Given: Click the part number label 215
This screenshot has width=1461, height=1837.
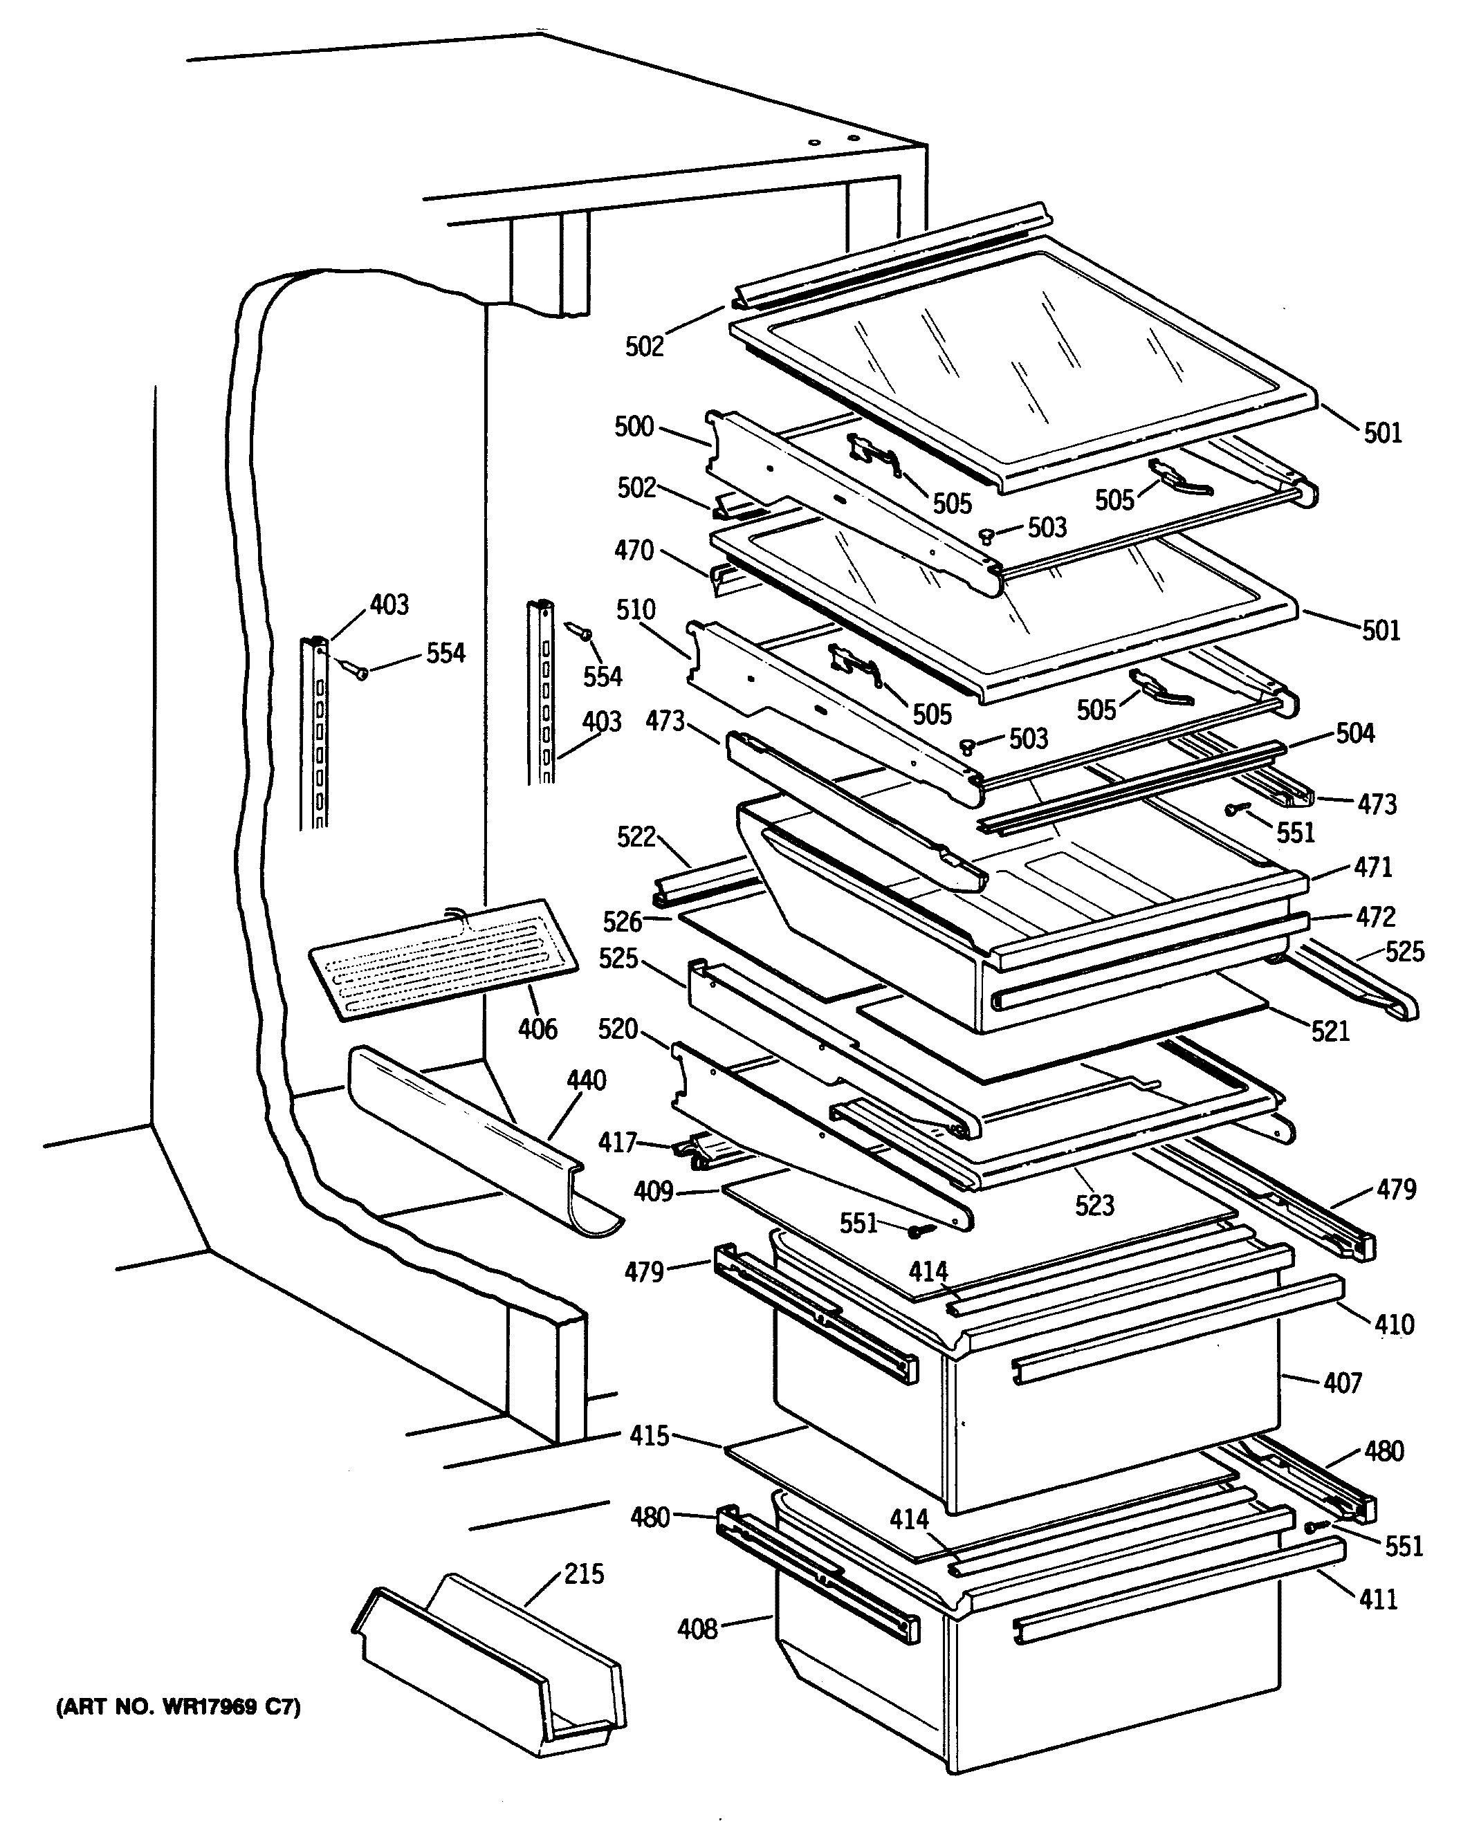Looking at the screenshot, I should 584,1573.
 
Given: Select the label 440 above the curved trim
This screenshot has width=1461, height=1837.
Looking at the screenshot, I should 586,1080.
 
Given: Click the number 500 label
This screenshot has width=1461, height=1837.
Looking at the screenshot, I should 634,426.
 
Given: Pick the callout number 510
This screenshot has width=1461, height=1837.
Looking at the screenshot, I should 635,609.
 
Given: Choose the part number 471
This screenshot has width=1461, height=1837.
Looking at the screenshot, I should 1373,867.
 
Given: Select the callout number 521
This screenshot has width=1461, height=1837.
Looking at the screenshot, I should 1330,1032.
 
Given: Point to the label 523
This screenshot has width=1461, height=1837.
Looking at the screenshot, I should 1094,1205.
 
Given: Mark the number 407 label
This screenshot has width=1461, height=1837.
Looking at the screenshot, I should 1343,1382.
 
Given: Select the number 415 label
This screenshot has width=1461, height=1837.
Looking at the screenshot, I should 650,1436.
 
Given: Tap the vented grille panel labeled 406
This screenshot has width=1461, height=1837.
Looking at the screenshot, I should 443,959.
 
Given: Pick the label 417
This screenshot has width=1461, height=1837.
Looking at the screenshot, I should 617,1142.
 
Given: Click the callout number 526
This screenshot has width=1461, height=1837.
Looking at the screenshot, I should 623,921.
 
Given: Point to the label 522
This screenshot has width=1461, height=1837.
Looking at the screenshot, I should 636,837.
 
